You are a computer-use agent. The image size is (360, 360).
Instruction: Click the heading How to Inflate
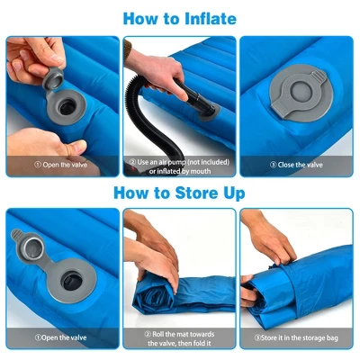point(180,18)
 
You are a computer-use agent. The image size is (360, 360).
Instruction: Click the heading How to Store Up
point(180,193)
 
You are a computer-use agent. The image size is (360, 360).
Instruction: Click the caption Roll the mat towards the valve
point(180,337)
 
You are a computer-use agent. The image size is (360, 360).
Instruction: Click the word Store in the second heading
point(191,193)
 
